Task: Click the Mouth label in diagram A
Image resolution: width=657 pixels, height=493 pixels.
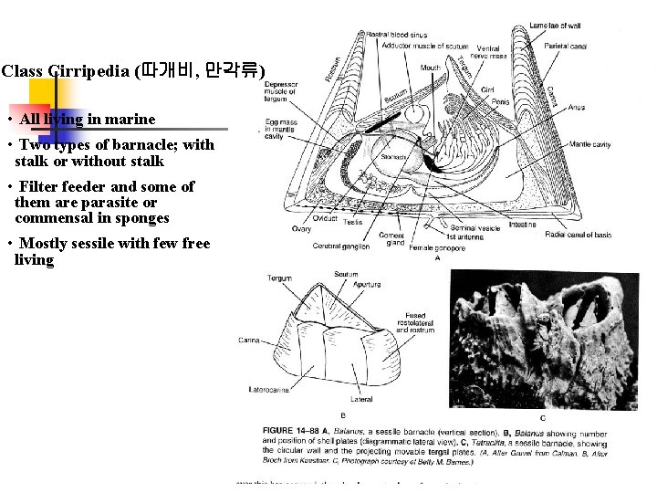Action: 430,68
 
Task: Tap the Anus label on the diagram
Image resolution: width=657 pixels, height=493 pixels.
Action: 576,108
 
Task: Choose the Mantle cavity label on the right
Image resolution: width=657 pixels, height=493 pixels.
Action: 589,144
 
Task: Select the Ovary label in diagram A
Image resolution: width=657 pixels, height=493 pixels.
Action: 301,229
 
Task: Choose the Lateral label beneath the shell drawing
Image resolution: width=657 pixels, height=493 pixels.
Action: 361,399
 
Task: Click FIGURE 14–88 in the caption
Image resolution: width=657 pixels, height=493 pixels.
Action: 292,430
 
